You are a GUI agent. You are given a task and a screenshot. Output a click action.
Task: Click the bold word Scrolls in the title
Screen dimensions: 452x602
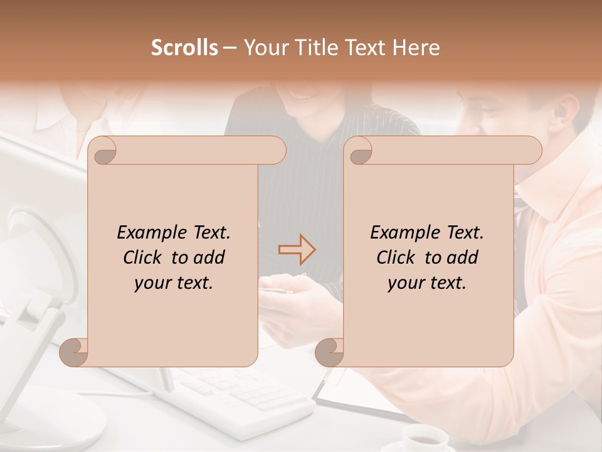tap(185, 48)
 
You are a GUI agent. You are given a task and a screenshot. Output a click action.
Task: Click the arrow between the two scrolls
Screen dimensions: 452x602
tap(297, 250)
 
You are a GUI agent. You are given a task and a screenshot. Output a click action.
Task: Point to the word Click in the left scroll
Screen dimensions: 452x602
tap(143, 257)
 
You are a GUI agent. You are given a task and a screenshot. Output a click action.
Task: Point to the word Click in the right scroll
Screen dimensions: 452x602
tap(396, 257)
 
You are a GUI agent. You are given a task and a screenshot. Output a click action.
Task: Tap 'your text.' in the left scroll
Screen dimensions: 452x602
tap(174, 283)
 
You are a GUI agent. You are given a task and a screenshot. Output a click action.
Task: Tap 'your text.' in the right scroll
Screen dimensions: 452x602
tap(427, 283)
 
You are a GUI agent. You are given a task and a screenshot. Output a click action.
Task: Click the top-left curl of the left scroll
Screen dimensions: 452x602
tap(103, 151)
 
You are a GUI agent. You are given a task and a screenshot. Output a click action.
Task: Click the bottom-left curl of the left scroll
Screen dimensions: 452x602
tap(74, 353)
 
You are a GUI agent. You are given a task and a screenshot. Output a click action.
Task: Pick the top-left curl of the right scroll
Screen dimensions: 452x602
tap(359, 151)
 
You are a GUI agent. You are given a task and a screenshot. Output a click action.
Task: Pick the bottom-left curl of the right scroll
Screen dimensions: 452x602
tap(330, 353)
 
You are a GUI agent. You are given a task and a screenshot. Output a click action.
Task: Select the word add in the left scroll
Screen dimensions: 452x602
tap(209, 257)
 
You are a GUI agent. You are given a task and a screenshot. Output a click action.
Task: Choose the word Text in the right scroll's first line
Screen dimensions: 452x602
tap(464, 232)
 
